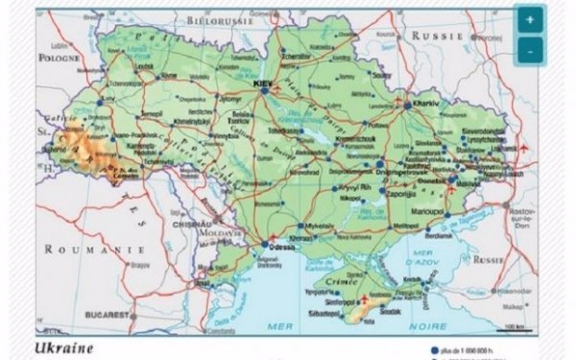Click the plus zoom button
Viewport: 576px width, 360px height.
(530, 20)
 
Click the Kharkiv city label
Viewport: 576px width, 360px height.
(425, 102)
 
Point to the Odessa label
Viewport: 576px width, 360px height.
(285, 247)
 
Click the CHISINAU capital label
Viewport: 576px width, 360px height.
(216, 217)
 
